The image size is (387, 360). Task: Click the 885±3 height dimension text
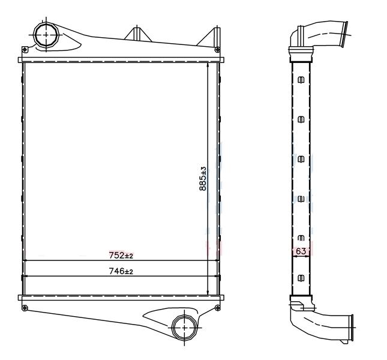point(203,179)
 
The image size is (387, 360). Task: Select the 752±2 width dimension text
point(121,256)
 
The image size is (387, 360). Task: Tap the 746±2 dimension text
point(121,271)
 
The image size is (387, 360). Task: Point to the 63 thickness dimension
point(301,251)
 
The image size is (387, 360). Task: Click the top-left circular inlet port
point(46,35)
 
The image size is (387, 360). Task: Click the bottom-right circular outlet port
point(185,327)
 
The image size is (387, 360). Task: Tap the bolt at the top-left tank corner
point(25,50)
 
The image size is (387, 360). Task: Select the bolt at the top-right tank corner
point(217,50)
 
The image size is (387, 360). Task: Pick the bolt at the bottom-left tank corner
point(25,308)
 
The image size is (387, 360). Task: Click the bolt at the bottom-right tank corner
point(217,308)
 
